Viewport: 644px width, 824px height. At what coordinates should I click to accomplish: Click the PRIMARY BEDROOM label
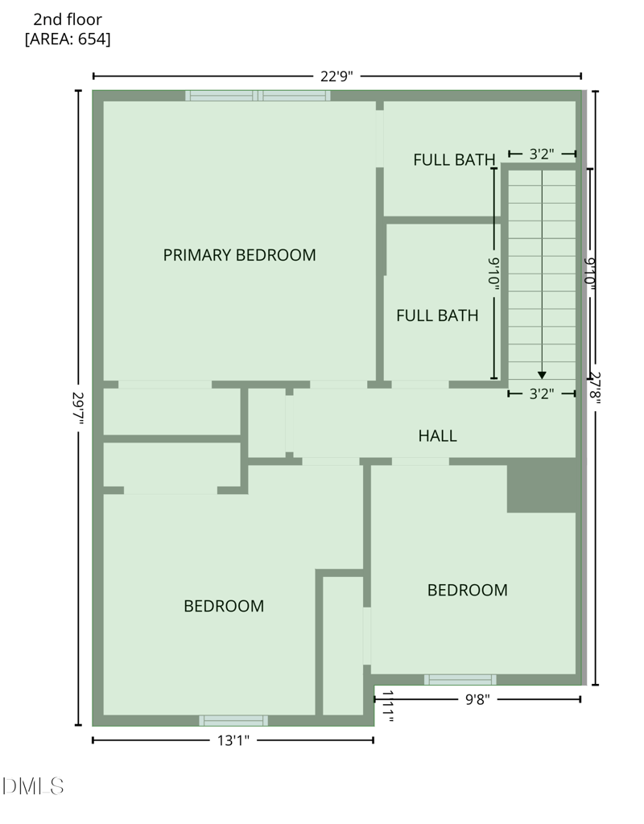coord(239,255)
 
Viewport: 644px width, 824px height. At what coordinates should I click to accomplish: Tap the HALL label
coord(437,436)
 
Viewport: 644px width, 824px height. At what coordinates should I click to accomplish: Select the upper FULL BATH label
coord(453,159)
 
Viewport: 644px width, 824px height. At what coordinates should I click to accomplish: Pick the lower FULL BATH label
coord(437,316)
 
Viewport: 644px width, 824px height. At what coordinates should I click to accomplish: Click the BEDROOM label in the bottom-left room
coord(224,606)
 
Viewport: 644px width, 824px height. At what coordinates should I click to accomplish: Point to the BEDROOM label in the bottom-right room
coord(467,591)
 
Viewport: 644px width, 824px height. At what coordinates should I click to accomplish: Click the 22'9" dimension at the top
coord(336,76)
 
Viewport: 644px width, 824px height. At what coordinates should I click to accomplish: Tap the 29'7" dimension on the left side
coord(78,406)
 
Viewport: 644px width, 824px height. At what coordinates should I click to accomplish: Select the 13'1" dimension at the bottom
coord(232,740)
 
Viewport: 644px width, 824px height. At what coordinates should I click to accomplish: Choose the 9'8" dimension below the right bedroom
coord(478,699)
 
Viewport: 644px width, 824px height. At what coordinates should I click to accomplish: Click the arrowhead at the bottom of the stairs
coord(542,374)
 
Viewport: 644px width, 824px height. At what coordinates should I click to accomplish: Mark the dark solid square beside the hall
coord(541,485)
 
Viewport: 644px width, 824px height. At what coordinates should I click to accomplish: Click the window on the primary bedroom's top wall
coord(258,96)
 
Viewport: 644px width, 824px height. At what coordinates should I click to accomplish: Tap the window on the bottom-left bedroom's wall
coord(233,720)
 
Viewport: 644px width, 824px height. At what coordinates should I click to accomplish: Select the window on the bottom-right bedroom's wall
coord(460,680)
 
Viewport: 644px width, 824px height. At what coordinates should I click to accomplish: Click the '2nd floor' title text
coord(68,19)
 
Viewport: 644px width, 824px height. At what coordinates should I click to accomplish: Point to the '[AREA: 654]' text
coord(68,39)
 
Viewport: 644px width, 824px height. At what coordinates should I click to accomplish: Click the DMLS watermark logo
coord(33,786)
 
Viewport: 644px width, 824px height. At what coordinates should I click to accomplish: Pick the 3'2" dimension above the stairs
coord(542,153)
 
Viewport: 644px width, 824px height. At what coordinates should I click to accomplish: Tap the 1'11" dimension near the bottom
coord(387,707)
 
